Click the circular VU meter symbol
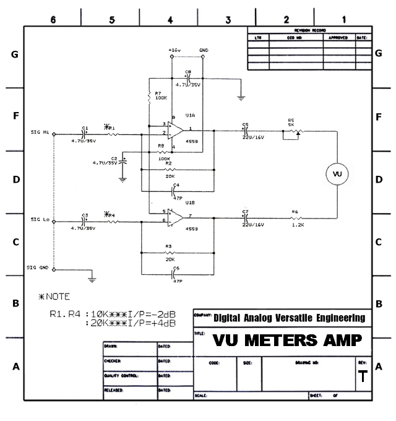(x=337, y=174)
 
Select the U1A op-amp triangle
(x=175, y=130)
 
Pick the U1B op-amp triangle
(x=175, y=217)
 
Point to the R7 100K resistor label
(x=161, y=95)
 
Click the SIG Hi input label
(x=40, y=132)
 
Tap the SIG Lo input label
(x=40, y=219)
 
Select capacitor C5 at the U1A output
(x=246, y=131)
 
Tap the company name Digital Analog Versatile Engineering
(x=289, y=318)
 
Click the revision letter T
(x=362, y=378)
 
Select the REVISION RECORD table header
(x=309, y=30)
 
